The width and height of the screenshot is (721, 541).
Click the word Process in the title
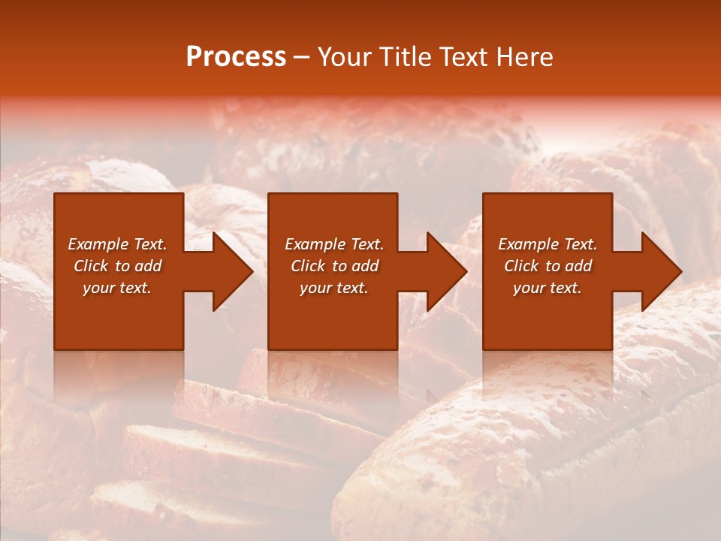[x=236, y=57]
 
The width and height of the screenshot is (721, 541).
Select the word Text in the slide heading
[x=465, y=57]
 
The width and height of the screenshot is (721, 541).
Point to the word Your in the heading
[x=344, y=57]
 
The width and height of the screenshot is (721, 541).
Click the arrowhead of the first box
[x=232, y=271]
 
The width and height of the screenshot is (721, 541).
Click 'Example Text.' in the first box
[x=117, y=244]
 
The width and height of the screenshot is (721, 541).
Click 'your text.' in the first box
[x=117, y=288]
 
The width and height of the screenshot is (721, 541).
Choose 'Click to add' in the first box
[x=117, y=266]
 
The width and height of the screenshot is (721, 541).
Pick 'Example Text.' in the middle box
[x=334, y=244]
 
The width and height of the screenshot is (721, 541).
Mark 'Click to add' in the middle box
[x=334, y=266]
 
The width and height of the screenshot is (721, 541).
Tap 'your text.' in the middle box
[x=334, y=288]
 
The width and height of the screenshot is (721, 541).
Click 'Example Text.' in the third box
[x=548, y=244]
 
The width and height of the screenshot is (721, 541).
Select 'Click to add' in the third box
[x=548, y=266]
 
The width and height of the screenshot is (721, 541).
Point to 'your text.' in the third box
[x=548, y=288]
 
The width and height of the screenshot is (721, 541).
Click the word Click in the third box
[x=520, y=266]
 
